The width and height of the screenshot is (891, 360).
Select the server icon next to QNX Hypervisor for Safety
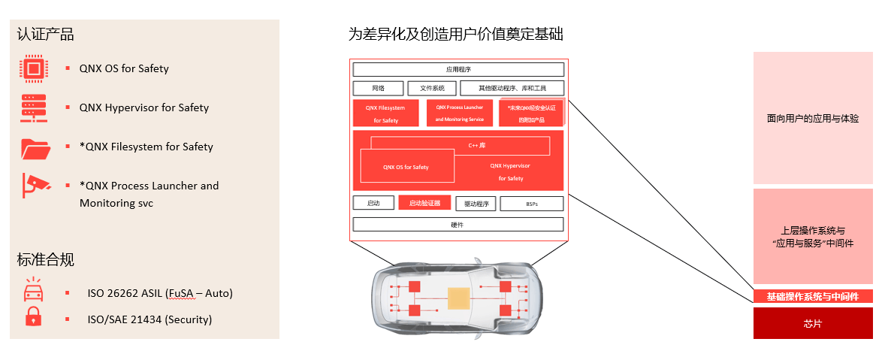coord(33,108)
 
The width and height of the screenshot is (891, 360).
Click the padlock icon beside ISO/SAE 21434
coord(32,317)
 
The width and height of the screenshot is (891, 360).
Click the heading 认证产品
coord(45,35)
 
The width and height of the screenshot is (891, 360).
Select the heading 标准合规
coord(45,260)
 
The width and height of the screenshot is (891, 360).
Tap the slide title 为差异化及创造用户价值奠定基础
coord(455,35)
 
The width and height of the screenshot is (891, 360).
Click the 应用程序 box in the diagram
coord(458,69)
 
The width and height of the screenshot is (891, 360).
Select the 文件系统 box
coord(432,88)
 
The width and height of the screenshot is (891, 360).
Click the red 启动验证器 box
coord(424,203)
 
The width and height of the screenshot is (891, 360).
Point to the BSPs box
coord(531,204)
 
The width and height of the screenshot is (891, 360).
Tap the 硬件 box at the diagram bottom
coord(458,224)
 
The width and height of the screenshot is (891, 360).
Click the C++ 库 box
coord(460,145)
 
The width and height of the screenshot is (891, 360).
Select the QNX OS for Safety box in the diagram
coord(406,166)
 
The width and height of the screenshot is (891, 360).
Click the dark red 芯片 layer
coord(813,323)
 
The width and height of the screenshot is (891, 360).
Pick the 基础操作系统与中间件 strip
coord(813,297)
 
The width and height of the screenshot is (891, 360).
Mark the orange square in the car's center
coord(458,298)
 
